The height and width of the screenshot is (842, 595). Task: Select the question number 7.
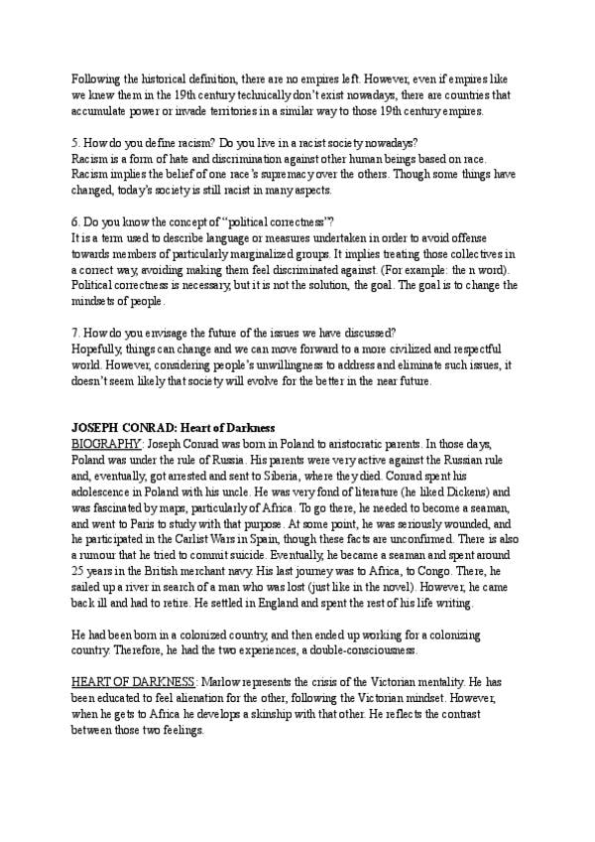[x=75, y=335]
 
